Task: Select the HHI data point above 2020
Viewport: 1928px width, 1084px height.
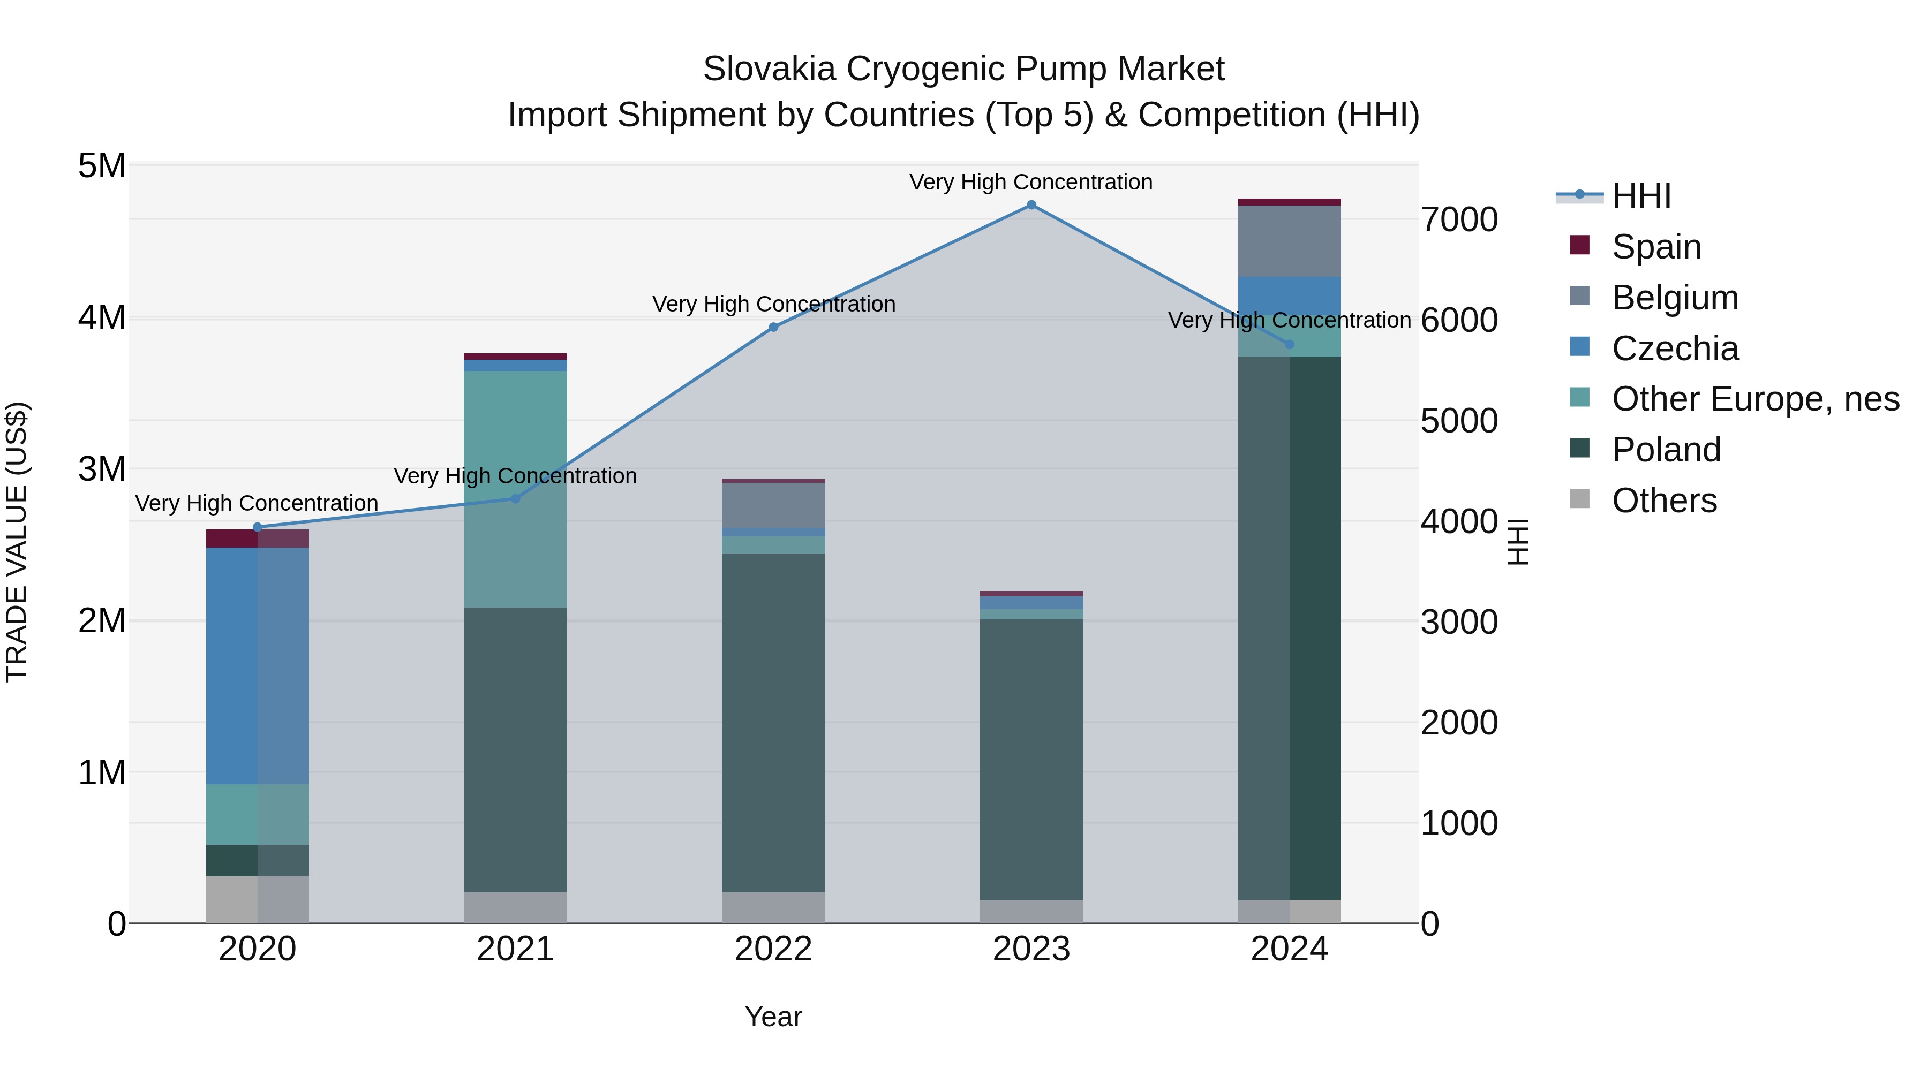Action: pyautogui.click(x=258, y=527)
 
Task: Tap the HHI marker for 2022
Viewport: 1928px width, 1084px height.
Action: pyautogui.click(x=773, y=327)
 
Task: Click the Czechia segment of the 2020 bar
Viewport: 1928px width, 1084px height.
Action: pyautogui.click(x=258, y=666)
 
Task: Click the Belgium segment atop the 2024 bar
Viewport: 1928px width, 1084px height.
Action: pyautogui.click(x=1289, y=241)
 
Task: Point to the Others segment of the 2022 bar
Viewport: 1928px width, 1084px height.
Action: pyautogui.click(x=773, y=907)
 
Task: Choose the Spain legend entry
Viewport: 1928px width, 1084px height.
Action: pyautogui.click(x=1655, y=247)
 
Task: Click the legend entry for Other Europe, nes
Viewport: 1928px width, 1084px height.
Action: pyautogui.click(x=1754, y=399)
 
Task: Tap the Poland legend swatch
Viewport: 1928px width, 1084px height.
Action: pyautogui.click(x=1579, y=449)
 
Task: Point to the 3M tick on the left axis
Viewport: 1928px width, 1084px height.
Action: pyautogui.click(x=102, y=469)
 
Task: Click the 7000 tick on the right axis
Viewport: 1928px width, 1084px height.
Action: pyautogui.click(x=1459, y=220)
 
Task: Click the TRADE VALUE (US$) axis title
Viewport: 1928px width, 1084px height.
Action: pyautogui.click(x=17, y=542)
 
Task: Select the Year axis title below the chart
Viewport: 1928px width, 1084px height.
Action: pyautogui.click(x=773, y=1017)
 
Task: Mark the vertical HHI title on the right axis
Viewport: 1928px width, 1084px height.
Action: pyautogui.click(x=1518, y=542)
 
